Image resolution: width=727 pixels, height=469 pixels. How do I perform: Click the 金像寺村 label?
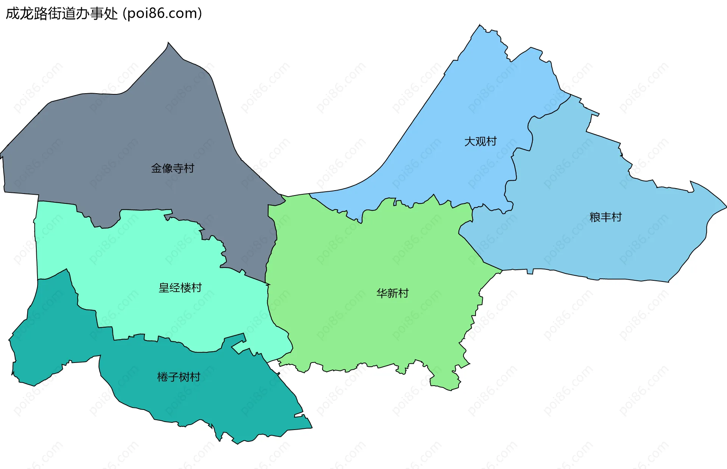tap(173, 168)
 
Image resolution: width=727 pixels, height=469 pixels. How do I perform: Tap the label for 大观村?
tap(480, 141)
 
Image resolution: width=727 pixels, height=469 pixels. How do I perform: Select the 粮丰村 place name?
tap(605, 217)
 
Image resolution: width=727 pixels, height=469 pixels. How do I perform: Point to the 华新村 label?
tap(392, 293)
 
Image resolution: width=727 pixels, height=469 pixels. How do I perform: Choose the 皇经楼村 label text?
tap(180, 288)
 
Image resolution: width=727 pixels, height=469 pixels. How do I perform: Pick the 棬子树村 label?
tap(178, 377)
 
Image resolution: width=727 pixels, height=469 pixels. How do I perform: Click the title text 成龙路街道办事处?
tap(62, 14)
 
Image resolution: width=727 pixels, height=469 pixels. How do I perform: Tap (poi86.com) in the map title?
tap(162, 14)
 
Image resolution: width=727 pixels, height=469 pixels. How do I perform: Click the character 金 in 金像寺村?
tap(156, 168)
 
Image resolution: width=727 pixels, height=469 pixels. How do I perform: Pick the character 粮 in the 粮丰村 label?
tap(595, 217)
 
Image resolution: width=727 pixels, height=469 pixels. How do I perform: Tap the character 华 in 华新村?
tap(381, 293)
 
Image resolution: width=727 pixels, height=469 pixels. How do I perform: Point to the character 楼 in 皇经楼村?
tap(186, 288)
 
